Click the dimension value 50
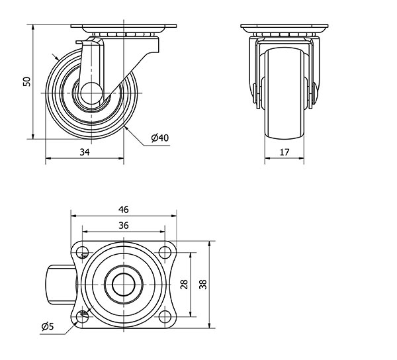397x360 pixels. coord(26,81)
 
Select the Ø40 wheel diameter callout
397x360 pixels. coord(159,138)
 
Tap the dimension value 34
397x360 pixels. coord(85,152)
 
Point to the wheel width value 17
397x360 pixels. coord(285,152)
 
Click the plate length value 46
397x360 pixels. coord(124,209)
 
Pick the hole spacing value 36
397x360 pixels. coord(124,225)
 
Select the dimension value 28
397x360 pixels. coord(184,285)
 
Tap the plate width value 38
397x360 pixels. coord(203,285)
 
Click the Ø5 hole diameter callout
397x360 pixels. coord(48,327)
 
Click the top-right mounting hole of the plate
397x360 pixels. coord(165,252)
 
